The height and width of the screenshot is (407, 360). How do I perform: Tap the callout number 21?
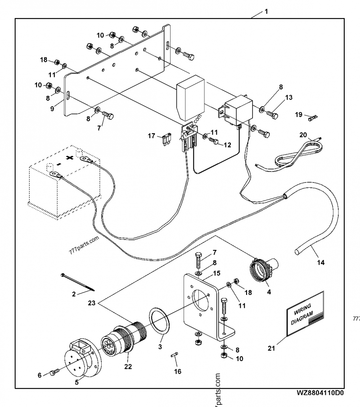point(271,348)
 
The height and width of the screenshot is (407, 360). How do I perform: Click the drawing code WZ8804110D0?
point(320,393)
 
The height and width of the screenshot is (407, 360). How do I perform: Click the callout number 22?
point(128,367)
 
